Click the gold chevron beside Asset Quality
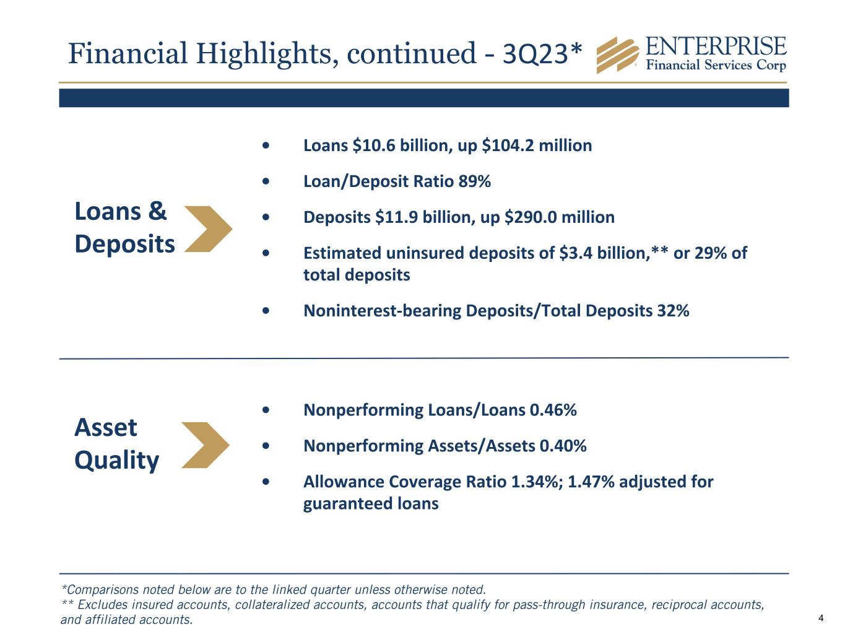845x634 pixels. [x=206, y=445]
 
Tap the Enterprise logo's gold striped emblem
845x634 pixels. [x=617, y=55]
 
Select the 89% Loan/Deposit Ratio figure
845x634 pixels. [x=475, y=181]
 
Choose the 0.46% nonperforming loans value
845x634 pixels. [x=553, y=410]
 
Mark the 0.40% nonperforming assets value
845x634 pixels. [x=563, y=446]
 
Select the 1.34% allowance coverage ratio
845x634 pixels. [x=535, y=482]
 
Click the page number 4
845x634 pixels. [x=821, y=618]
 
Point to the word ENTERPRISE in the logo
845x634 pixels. [x=716, y=47]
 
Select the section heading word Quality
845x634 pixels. [x=116, y=460]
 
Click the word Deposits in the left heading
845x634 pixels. [x=124, y=244]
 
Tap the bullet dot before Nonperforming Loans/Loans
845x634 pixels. [x=266, y=410]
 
